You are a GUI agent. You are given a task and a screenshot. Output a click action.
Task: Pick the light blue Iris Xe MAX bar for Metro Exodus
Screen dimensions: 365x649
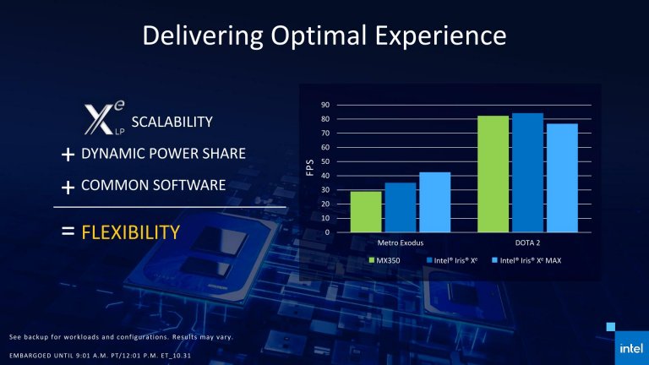pyautogui.click(x=434, y=202)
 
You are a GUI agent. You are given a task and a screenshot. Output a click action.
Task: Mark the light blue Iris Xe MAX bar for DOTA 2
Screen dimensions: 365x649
pyautogui.click(x=562, y=177)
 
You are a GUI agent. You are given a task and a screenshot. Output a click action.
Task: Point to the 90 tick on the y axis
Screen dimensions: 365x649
pyautogui.click(x=325, y=105)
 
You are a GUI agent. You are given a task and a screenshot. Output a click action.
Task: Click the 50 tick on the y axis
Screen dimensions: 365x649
pyautogui.click(x=325, y=161)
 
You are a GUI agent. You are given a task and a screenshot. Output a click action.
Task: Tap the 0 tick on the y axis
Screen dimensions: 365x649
pyautogui.click(x=327, y=232)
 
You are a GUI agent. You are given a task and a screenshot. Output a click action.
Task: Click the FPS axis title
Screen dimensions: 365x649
pyautogui.click(x=308, y=169)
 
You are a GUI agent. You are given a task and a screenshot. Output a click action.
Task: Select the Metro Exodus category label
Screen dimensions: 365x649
pyautogui.click(x=400, y=242)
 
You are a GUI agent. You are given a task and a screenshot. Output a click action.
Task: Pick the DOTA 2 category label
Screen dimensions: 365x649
pyautogui.click(x=527, y=242)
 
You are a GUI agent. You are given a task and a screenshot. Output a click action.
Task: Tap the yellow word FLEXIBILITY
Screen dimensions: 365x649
pyautogui.click(x=130, y=232)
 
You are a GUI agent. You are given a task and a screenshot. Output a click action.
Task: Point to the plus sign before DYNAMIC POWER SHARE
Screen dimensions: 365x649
pyautogui.click(x=68, y=155)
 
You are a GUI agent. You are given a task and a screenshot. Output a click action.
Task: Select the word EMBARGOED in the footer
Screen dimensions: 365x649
pyautogui.click(x=30, y=352)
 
